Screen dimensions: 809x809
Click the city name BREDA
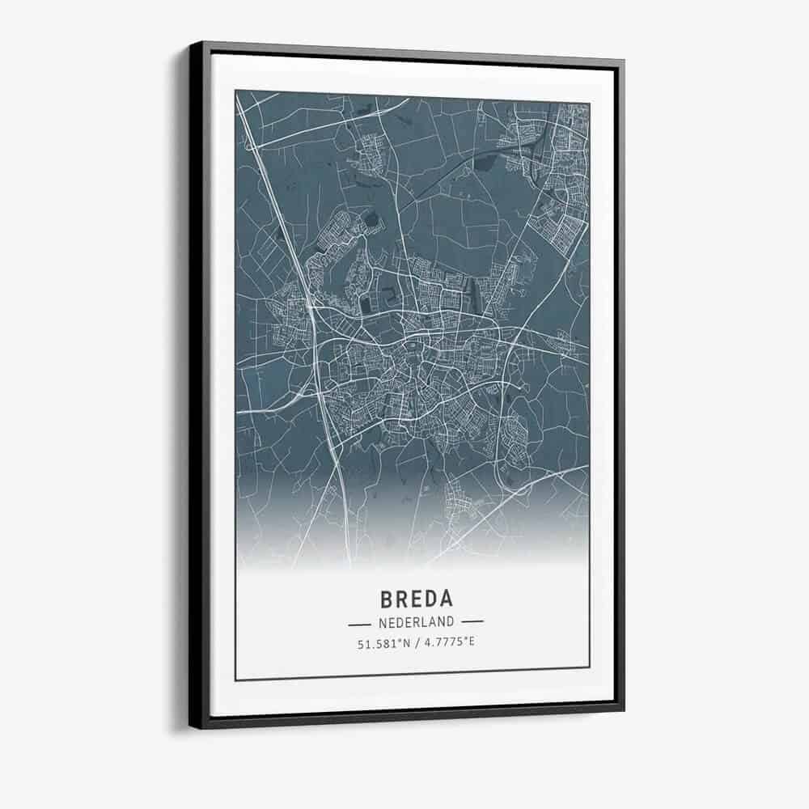click(416, 599)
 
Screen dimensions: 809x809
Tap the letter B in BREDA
click(386, 599)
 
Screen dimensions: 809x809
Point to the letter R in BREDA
click(401, 599)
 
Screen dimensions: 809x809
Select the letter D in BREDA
click(430, 599)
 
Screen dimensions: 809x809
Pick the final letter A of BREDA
click(446, 599)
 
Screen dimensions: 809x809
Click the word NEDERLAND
click(415, 623)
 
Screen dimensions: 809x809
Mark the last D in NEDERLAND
click(449, 623)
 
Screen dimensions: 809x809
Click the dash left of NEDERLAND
click(359, 624)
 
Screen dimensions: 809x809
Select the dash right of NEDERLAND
click(471, 622)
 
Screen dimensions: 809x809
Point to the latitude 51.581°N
click(383, 644)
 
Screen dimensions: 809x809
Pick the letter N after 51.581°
click(407, 644)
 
